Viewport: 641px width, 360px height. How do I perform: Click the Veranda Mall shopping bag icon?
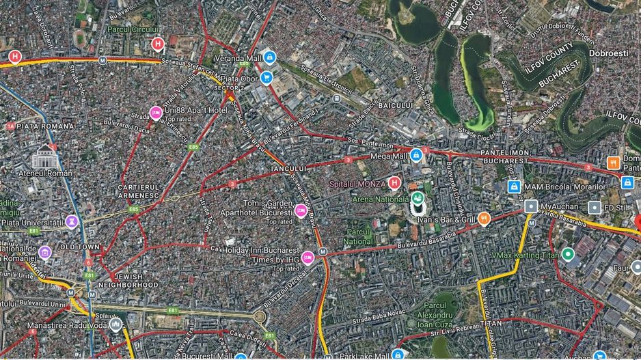(x=270, y=58)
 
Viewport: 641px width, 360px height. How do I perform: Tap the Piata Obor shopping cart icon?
(x=267, y=77)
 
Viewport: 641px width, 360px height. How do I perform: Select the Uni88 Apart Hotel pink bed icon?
(x=156, y=111)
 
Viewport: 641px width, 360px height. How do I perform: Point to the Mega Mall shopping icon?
(x=415, y=156)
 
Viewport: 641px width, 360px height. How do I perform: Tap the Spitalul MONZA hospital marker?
(x=394, y=183)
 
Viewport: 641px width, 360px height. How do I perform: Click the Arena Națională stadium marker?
(x=417, y=199)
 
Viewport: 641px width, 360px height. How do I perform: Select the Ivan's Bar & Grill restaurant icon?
(x=484, y=219)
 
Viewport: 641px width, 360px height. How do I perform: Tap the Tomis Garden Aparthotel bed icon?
(x=301, y=209)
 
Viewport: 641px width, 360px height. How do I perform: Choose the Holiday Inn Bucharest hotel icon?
(x=308, y=257)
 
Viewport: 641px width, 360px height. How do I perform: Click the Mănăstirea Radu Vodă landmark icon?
(x=116, y=324)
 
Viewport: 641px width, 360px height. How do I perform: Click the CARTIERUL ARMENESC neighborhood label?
(x=138, y=191)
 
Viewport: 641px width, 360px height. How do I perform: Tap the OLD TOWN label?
(x=80, y=247)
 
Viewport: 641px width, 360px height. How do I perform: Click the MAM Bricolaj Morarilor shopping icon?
(x=514, y=186)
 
